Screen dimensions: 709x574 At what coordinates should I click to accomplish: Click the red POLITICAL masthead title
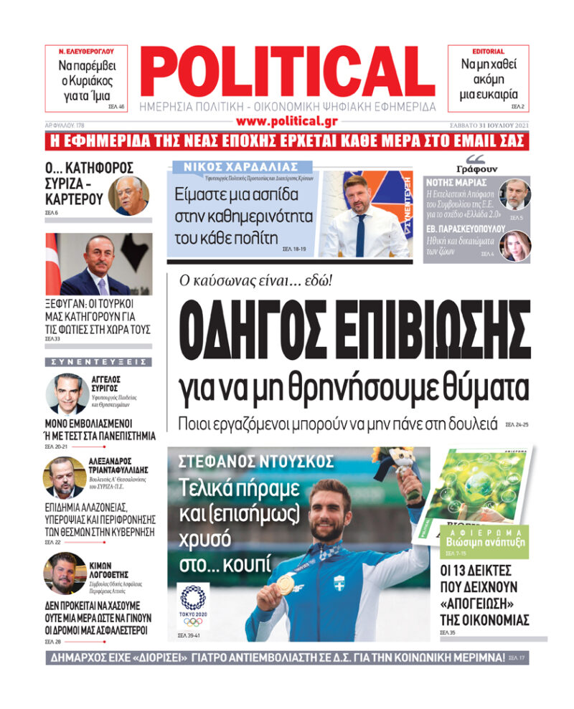pyautogui.click(x=286, y=71)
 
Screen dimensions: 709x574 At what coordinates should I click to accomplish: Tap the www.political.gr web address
pyautogui.click(x=286, y=121)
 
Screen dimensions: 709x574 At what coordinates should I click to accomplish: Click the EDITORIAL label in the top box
pyautogui.click(x=488, y=52)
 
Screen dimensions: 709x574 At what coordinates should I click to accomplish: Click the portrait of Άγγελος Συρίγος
pyautogui.click(x=67, y=392)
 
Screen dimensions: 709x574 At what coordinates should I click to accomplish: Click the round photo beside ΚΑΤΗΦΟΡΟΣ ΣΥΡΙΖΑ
pyautogui.click(x=128, y=196)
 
